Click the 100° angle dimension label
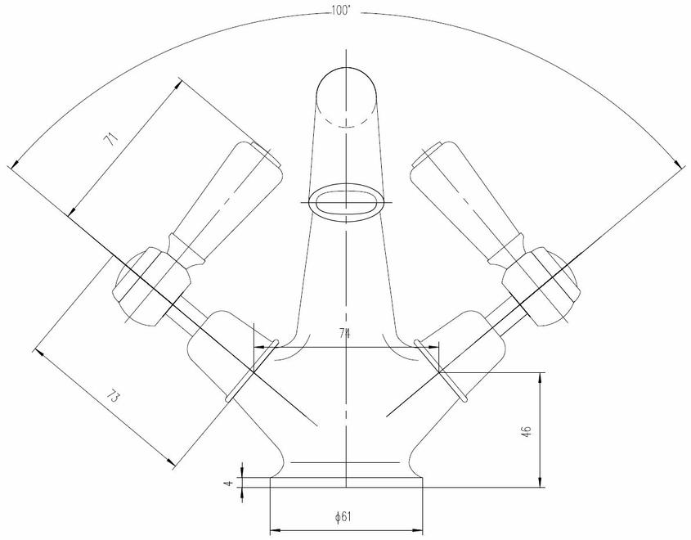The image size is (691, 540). (341, 11)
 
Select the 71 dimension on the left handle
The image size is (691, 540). (111, 140)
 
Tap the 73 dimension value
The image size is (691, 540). (112, 397)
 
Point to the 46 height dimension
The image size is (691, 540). (527, 430)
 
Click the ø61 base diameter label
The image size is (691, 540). (343, 516)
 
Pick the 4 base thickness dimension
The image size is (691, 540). (228, 483)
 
